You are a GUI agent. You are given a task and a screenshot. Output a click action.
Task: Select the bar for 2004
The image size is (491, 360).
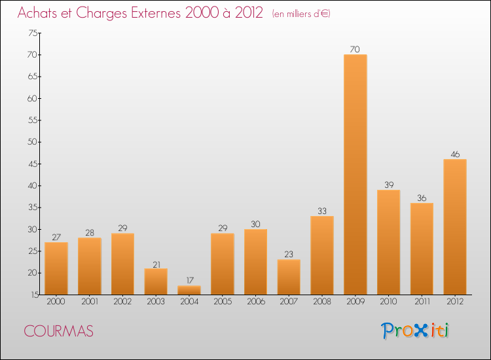[189, 290]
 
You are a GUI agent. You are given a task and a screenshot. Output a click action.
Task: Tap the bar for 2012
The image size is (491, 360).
[455, 226]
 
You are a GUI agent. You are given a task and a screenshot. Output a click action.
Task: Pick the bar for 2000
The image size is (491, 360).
[56, 268]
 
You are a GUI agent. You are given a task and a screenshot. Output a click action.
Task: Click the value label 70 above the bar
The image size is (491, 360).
[355, 49]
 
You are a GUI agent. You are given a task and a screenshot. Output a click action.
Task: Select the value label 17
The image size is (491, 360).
[189, 280]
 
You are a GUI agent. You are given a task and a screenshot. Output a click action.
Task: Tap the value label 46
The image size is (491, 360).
[455, 154]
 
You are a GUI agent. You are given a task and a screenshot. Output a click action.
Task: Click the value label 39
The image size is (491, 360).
[389, 185]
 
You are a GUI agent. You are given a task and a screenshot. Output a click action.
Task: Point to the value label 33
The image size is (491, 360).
[322, 211]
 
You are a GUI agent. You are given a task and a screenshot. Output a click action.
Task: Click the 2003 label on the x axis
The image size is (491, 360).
[156, 302]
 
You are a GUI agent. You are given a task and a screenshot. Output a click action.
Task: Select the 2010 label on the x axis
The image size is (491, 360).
[389, 302]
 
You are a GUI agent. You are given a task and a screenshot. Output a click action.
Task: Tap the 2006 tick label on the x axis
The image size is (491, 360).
[255, 302]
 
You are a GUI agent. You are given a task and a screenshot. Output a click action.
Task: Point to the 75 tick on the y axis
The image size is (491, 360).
[32, 33]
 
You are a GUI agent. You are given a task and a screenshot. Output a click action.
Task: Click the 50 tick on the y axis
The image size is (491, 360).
[32, 142]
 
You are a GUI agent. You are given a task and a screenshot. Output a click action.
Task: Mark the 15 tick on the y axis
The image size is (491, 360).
[32, 295]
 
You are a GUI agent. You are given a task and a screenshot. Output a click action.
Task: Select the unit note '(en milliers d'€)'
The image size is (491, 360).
[300, 14]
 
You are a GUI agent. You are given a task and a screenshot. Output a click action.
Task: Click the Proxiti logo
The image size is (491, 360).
[416, 331]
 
